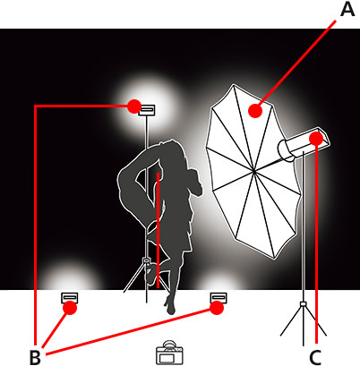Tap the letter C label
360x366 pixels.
pyautogui.click(x=316, y=356)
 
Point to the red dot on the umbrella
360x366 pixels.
pyautogui.click(x=255, y=111)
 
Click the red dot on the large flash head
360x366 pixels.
pyautogui.click(x=318, y=139)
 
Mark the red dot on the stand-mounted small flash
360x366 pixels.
pyautogui.click(x=133, y=106)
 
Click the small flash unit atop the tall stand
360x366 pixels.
pyautogui.click(x=147, y=110)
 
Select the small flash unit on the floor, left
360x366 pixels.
pyautogui.click(x=69, y=297)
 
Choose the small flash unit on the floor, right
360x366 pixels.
pyautogui.click(x=217, y=297)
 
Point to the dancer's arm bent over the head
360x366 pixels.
pyautogui.click(x=134, y=170)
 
